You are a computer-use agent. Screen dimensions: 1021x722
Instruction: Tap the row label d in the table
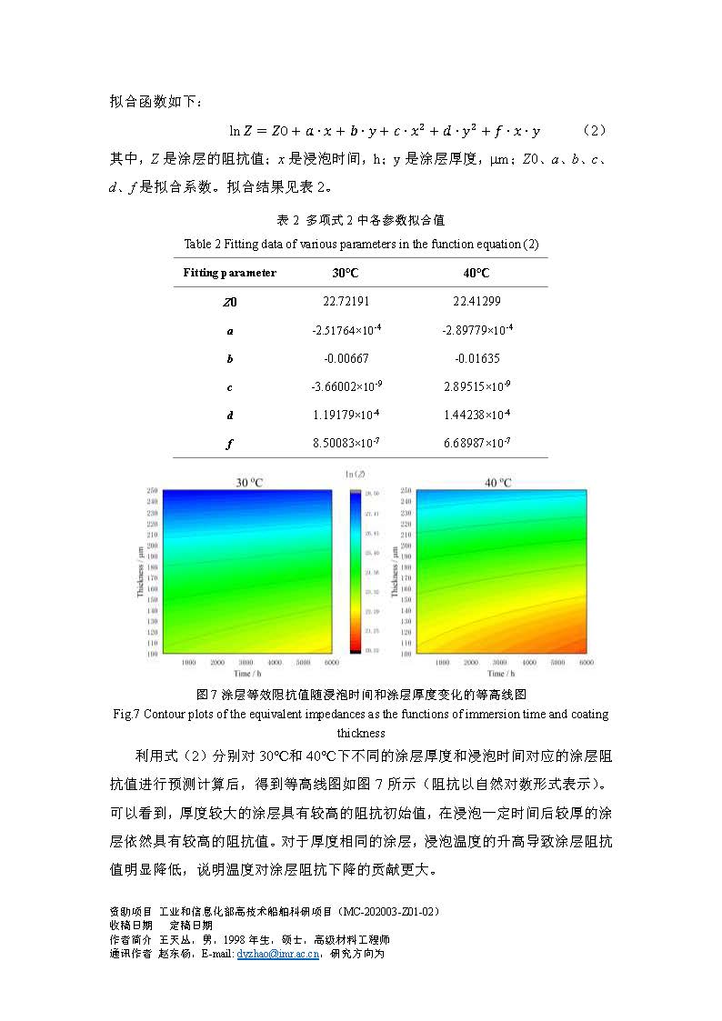[x=229, y=415]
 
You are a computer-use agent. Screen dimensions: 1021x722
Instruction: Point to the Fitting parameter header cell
[x=229, y=273]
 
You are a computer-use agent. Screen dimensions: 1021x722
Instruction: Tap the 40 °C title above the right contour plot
[x=497, y=482]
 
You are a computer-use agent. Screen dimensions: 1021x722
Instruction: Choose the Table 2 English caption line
[x=361, y=244]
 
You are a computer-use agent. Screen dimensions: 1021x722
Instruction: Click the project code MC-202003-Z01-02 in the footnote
[x=388, y=911]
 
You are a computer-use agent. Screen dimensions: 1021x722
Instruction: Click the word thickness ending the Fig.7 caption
[x=361, y=733]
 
